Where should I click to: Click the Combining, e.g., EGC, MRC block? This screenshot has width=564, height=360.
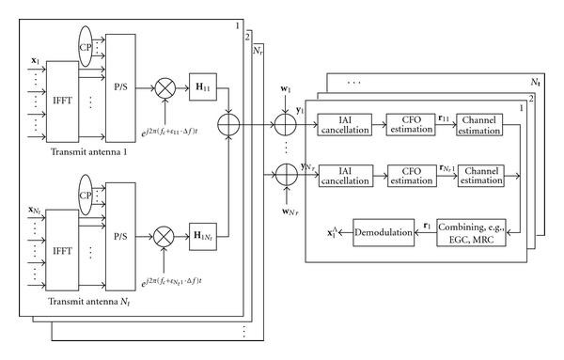(x=480, y=230)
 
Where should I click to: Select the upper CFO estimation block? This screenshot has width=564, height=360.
(x=410, y=122)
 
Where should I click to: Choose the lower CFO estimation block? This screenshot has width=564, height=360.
(x=410, y=175)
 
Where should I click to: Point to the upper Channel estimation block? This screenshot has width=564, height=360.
(x=480, y=122)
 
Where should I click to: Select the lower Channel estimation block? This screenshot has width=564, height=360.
(x=480, y=175)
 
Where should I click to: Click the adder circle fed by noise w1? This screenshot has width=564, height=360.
(x=283, y=121)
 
